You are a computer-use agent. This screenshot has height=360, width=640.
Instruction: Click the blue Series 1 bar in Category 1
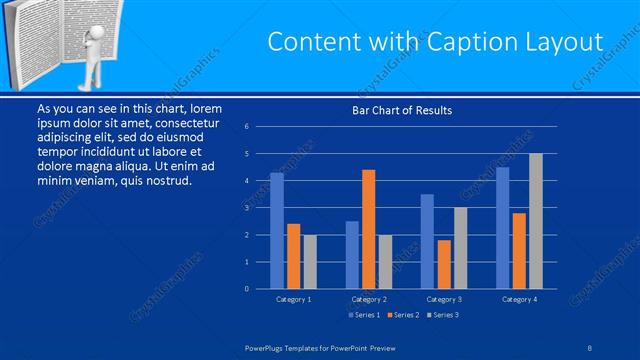[277, 231]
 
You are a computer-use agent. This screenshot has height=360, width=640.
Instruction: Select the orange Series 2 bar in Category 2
[368, 229]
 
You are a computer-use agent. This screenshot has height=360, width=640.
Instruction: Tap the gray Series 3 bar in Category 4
[535, 221]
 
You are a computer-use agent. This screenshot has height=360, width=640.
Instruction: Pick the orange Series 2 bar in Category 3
[443, 264]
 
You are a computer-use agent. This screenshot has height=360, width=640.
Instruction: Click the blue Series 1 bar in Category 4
[502, 228]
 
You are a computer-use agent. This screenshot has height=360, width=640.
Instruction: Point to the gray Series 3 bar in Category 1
[309, 262]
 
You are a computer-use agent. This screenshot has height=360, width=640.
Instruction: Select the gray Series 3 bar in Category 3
[460, 248]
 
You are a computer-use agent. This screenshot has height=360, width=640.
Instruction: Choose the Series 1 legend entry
[362, 315]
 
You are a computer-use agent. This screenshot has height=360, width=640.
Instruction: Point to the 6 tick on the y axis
[247, 127]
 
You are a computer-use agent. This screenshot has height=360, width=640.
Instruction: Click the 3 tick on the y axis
[247, 208]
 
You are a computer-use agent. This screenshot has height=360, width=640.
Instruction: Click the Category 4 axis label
[519, 299]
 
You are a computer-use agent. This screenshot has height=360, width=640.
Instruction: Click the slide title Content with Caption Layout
[436, 42]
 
